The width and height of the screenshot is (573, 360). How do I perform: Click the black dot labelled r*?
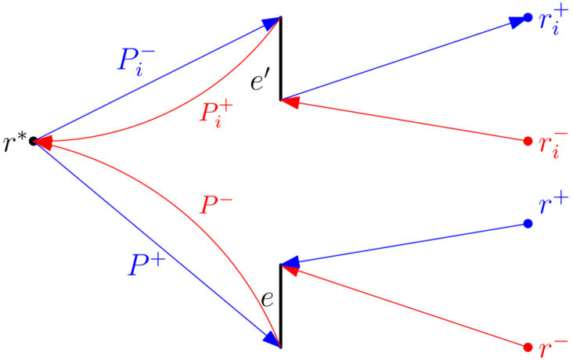(x=34, y=142)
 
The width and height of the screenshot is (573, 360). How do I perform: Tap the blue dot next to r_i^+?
(x=528, y=17)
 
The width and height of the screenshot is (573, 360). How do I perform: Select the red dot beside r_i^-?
(x=528, y=141)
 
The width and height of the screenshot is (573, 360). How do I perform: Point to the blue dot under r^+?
(x=528, y=224)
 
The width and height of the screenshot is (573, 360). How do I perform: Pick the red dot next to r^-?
(x=528, y=347)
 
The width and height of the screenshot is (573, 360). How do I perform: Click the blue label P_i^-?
(x=135, y=60)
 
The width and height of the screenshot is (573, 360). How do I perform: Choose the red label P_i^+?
(x=215, y=113)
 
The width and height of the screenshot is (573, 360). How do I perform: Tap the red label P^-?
(x=216, y=206)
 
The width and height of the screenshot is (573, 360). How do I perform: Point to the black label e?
(x=267, y=298)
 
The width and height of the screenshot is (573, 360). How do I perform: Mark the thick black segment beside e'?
(x=281, y=59)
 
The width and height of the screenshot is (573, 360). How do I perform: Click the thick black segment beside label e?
(x=281, y=305)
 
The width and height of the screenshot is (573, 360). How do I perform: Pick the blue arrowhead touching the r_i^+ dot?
(x=517, y=21)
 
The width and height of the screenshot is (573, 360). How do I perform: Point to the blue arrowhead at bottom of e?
(x=273, y=339)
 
